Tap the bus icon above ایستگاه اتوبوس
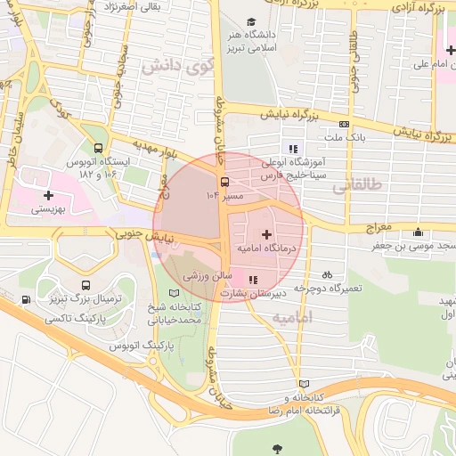97,149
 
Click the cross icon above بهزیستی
47,195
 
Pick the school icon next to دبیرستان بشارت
253,279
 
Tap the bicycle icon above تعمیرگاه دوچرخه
327,275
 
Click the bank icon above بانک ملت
344,124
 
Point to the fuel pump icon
25,298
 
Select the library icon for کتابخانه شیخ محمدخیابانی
174,293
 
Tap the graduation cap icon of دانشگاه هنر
252,21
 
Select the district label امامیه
292,318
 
